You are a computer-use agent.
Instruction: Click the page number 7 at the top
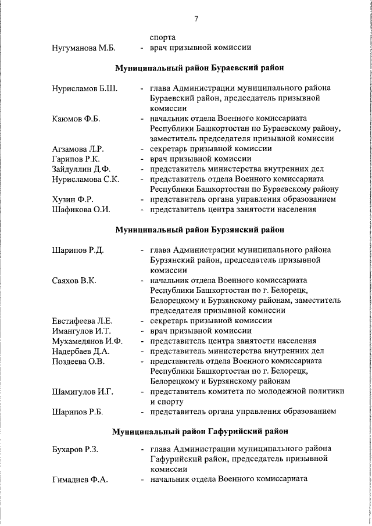(x=196, y=19)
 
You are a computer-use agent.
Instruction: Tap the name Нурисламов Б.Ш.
(x=84, y=88)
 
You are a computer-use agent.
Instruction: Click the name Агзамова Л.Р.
(x=77, y=149)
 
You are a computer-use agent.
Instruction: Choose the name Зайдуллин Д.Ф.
(x=80, y=169)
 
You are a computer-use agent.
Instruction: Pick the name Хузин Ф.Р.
(x=73, y=199)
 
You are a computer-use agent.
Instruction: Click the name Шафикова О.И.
(x=81, y=209)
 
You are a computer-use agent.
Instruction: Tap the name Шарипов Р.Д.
(x=77, y=250)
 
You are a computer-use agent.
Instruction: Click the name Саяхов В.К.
(x=74, y=280)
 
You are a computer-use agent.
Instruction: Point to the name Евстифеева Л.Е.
(x=82, y=320)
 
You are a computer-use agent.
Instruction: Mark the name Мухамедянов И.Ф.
(x=87, y=341)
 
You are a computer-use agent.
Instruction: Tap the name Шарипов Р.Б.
(x=77, y=412)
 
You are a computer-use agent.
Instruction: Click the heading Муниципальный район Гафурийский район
(x=199, y=432)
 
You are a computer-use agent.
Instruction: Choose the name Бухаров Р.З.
(x=76, y=449)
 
